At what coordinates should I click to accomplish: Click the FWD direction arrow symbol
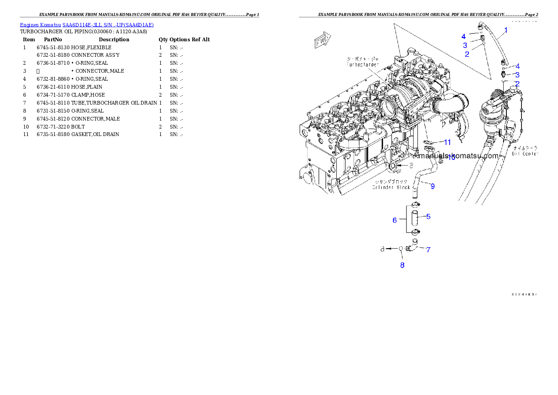point(323,40)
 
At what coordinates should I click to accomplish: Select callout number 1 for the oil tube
point(505,31)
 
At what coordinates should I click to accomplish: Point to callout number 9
point(432,186)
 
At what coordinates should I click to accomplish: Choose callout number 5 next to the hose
point(428,217)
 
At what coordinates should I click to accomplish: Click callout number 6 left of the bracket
point(395,220)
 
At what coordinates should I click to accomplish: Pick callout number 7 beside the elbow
point(428,250)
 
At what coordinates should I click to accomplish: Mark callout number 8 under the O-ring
point(402,265)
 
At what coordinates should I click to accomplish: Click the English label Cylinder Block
point(391,187)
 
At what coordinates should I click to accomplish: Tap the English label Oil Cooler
point(525,153)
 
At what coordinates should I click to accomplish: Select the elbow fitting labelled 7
point(412,247)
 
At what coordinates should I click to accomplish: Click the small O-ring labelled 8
point(401,249)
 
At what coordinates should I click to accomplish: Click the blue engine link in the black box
point(87,25)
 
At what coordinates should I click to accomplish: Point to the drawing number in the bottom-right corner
point(524,295)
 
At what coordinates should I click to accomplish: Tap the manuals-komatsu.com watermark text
point(457,155)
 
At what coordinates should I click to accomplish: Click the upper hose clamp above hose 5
point(415,205)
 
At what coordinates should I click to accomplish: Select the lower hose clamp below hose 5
point(415,232)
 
